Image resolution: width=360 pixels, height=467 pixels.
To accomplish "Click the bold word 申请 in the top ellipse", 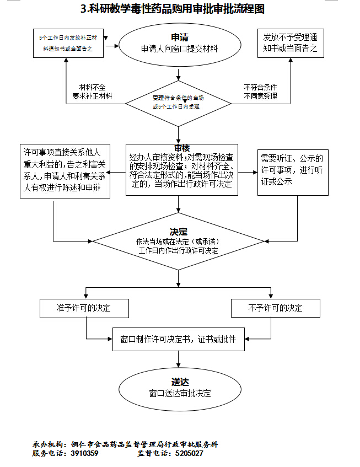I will [179, 37].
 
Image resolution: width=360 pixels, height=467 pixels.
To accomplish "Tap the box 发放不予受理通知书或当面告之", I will [290, 43].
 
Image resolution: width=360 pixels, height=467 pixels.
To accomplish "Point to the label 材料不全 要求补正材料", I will [92, 92].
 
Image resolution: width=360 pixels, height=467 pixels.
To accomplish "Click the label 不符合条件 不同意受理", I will [260, 92].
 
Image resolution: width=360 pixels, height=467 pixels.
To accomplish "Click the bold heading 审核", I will [182, 148].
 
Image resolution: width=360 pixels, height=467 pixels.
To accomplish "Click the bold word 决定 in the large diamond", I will [179, 232].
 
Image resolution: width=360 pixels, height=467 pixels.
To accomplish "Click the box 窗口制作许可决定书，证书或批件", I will [178, 340].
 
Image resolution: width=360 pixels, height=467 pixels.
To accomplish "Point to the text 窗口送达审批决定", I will [180, 394].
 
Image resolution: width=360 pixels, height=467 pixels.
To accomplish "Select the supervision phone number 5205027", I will [189, 453].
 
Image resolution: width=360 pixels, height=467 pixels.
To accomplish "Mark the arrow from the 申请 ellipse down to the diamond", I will [178, 72].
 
